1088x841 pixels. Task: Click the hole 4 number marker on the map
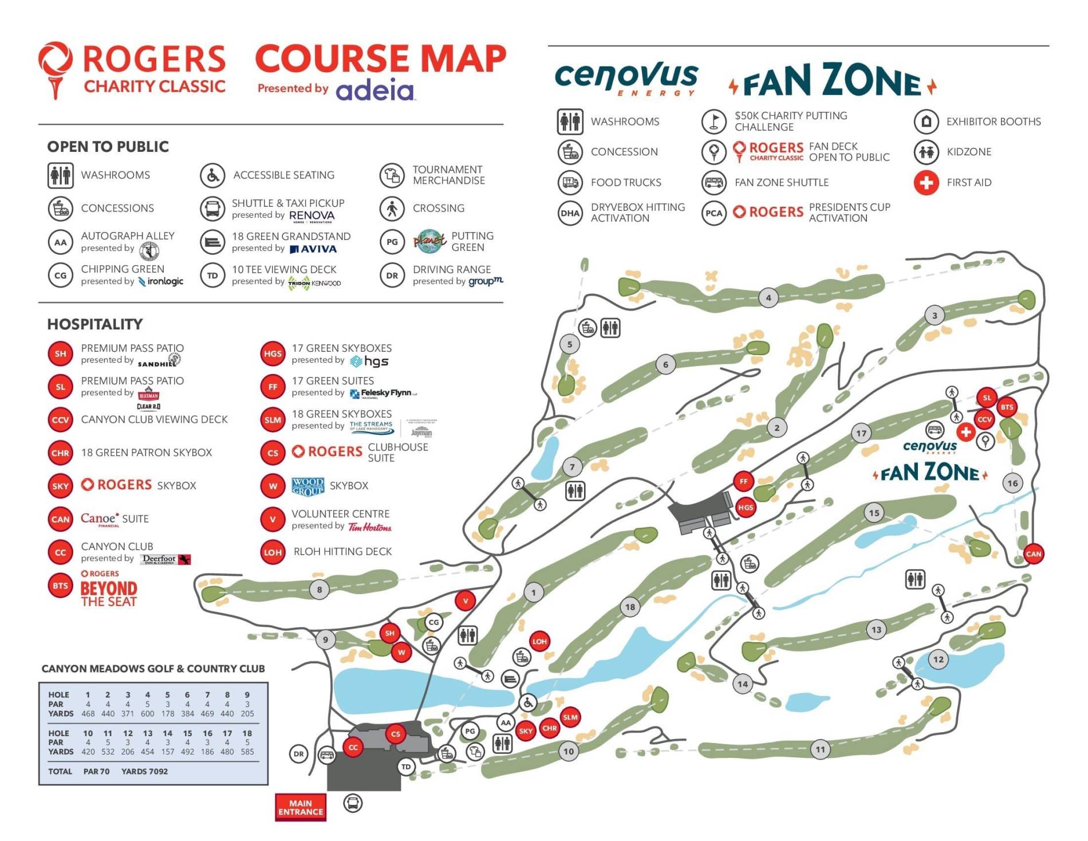(x=768, y=297)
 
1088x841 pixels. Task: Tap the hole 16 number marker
(x=1012, y=483)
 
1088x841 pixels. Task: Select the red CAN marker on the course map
(x=1033, y=553)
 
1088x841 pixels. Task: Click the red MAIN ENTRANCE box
(x=300, y=807)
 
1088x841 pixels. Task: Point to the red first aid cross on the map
(x=966, y=432)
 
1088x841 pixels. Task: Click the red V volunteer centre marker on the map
(x=466, y=601)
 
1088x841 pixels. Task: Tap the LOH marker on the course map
(x=539, y=641)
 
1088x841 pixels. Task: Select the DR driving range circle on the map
(x=298, y=754)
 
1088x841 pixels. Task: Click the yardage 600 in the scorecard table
(x=147, y=714)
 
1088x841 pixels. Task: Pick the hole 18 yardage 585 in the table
(x=247, y=752)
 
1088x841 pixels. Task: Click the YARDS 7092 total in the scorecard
(x=144, y=771)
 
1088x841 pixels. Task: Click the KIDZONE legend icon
(x=926, y=152)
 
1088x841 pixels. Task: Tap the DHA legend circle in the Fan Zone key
(x=570, y=213)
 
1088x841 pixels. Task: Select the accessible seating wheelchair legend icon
(x=212, y=175)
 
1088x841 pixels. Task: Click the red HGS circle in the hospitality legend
(x=273, y=354)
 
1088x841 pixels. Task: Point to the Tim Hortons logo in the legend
(x=370, y=527)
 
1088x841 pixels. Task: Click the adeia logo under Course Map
(x=375, y=91)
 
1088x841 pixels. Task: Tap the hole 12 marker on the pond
(x=938, y=659)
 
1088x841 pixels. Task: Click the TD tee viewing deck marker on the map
(x=406, y=767)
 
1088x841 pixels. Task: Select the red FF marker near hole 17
(x=743, y=481)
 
